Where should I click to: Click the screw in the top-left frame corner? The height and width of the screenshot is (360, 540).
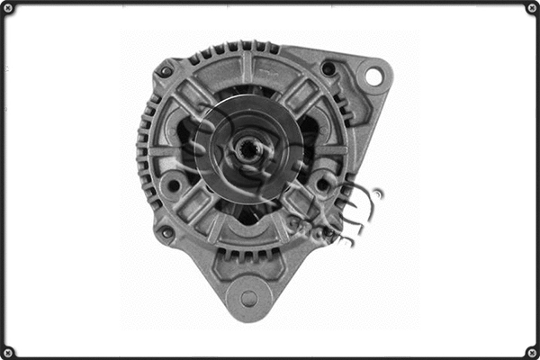click(x=8, y=8)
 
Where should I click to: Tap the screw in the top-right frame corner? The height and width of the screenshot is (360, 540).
click(x=531, y=8)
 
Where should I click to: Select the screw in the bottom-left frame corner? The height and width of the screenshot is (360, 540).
click(x=8, y=351)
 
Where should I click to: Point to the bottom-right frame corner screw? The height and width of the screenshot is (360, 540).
click(x=531, y=351)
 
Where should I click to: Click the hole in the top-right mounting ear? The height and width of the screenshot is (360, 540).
click(x=373, y=77)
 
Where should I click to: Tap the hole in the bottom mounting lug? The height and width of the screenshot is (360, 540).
click(x=249, y=298)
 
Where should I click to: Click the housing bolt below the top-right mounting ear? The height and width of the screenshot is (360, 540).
click(x=328, y=69)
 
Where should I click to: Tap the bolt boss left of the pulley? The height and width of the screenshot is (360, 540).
click(x=172, y=186)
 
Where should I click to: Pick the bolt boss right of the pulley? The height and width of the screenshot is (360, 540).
click(x=322, y=184)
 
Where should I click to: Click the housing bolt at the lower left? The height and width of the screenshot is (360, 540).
click(x=166, y=233)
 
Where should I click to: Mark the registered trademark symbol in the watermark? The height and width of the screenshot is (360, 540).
click(x=377, y=193)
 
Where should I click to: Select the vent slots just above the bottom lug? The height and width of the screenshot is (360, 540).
click(x=249, y=257)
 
